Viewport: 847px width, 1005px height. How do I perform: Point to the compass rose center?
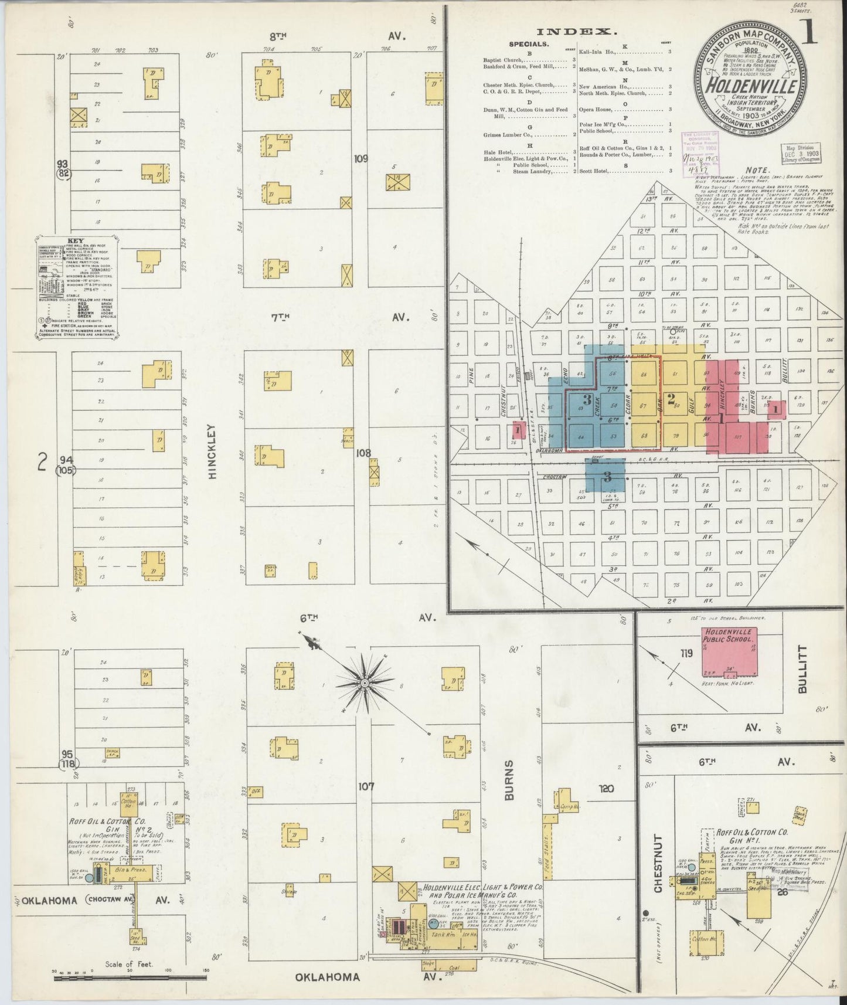(365, 683)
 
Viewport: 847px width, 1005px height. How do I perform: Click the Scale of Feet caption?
(129, 963)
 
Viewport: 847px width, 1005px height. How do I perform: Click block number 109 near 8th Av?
(360, 158)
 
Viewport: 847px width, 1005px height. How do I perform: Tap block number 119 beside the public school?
(686, 653)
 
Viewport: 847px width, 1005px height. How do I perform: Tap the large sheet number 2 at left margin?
(42, 464)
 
